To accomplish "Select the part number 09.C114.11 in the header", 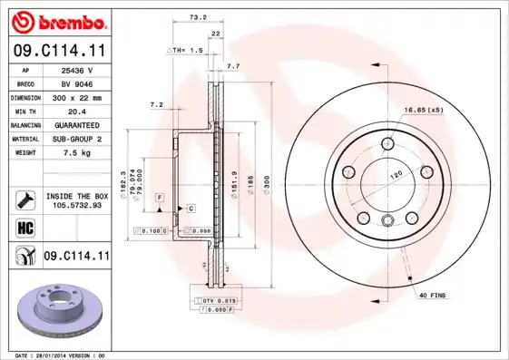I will coord(58,52).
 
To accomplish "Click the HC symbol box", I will coord(24,227).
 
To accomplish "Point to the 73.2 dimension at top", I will coord(194,17).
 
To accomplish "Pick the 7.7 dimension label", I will coord(232,66).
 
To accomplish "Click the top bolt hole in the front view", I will coord(387,141).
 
